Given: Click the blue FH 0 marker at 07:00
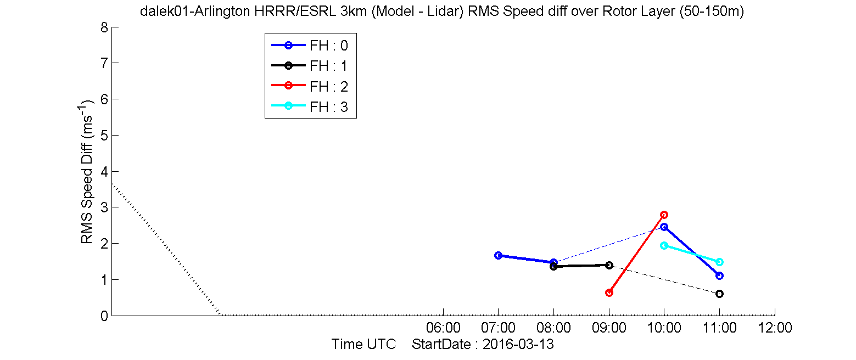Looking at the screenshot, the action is [499, 255].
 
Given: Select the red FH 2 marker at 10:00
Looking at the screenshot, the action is [664, 215].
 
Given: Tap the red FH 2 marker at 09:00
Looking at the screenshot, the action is [609, 293].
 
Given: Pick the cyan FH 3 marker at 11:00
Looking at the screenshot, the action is [720, 262].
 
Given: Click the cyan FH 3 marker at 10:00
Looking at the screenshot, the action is [664, 245].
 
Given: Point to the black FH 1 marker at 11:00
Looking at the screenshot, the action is [720, 294].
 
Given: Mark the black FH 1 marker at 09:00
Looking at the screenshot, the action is [609, 265].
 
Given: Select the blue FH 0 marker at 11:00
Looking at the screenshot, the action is [720, 275].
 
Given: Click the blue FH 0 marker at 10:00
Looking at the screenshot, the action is [664, 227].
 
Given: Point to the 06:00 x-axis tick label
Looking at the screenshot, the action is [443, 328].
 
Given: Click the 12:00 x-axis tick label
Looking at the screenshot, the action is [775, 328].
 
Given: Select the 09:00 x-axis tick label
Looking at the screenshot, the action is [609, 328].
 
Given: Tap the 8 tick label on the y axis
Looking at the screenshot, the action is [104, 27].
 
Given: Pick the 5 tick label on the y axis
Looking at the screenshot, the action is [104, 136].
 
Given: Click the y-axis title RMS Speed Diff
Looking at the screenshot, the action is [87, 193].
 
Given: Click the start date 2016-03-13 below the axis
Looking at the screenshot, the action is [518, 344].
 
